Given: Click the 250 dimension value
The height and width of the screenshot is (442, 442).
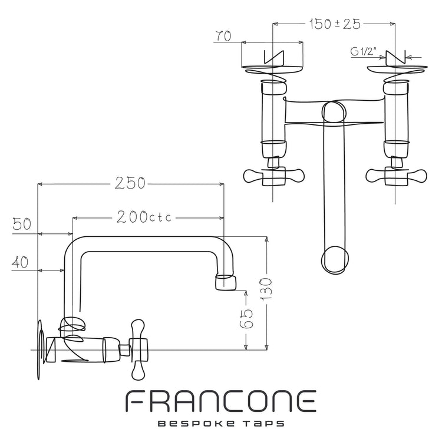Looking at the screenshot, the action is pos(130,183).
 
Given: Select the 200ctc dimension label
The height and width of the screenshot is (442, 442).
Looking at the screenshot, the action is pos(144,217).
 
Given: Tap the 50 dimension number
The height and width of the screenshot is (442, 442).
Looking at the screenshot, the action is pos(22,225).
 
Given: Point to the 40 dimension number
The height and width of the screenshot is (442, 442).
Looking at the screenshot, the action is pos(20,262).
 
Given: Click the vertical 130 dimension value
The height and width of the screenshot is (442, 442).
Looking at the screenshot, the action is pos(266,289).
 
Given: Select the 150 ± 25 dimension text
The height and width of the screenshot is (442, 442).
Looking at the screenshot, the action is pos(335,24).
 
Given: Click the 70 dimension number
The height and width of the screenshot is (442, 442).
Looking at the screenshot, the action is pos(223,36).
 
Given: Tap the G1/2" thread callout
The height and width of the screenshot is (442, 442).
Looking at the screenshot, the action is pos(364,51).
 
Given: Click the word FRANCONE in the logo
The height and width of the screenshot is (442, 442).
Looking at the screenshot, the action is pos(221,401).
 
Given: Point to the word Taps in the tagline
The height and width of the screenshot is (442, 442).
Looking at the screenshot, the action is pos(263,424).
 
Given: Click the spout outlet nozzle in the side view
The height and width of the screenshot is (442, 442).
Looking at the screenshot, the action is pos(226,282).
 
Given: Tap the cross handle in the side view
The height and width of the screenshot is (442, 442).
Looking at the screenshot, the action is pos(138,349).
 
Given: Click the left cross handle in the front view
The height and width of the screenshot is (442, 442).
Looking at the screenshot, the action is pos(273,176).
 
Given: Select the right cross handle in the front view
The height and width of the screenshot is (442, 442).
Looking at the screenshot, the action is pos(396,176).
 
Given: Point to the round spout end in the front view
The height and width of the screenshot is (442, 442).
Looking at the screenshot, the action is pos(335,260).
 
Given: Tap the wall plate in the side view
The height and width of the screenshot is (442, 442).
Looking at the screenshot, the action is pos(41,350).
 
